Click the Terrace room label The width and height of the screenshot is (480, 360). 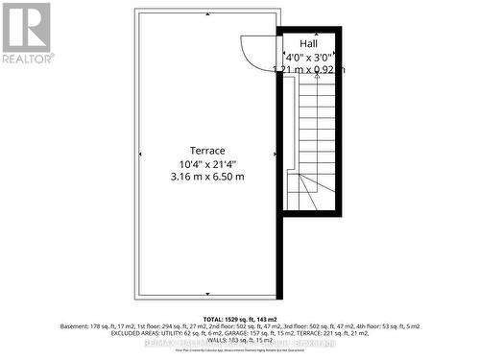206,151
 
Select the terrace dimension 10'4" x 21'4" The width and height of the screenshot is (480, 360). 206,163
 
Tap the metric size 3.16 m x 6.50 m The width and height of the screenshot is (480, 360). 206,176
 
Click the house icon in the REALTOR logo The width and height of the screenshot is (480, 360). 26,26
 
